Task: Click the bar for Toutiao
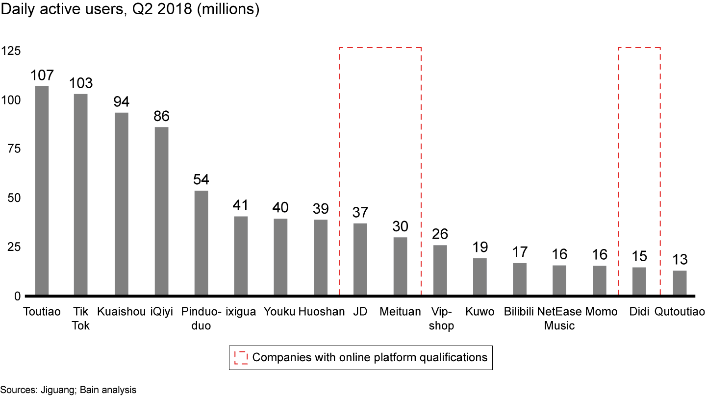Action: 42,191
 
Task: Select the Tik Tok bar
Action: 80,195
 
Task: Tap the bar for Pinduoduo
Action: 201,243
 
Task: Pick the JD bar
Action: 360,260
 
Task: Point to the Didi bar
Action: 639,281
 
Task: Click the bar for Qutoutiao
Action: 680,283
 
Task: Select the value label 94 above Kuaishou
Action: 121,101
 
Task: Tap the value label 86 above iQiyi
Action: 161,116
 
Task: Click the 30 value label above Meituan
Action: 400,226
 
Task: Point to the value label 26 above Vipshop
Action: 440,234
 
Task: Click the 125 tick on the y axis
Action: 10,51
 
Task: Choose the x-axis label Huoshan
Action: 322,312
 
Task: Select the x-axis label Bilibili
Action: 519,312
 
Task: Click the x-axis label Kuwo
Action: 480,312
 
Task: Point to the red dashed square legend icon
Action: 241,357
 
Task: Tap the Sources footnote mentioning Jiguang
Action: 68,390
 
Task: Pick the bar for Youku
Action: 280,257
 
